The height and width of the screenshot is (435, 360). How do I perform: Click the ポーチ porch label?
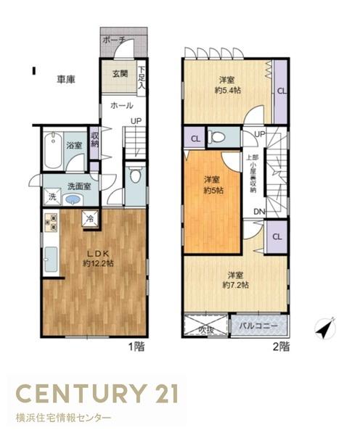[x=115, y=40]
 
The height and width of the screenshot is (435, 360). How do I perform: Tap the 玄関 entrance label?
[x=120, y=73]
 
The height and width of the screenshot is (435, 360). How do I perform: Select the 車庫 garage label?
[x=66, y=80]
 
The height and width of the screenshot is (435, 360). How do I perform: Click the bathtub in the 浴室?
[x=53, y=150]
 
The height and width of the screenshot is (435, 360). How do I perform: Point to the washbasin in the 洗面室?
[x=73, y=199]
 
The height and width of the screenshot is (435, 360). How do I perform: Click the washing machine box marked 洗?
[x=52, y=196]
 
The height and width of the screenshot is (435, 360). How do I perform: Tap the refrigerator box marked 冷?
[x=89, y=218]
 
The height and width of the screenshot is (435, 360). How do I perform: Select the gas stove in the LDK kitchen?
[x=51, y=223]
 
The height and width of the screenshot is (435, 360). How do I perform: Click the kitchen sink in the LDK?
[x=51, y=260]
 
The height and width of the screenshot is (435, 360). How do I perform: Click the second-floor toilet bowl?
[x=218, y=136]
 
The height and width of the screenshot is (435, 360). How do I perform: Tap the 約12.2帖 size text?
[x=98, y=263]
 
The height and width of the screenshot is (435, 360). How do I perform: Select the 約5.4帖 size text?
[x=228, y=90]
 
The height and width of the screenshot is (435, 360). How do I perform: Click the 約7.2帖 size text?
[x=236, y=285]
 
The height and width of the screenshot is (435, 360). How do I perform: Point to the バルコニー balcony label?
[x=258, y=326]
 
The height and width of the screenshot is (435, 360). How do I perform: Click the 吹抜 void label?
[x=206, y=331]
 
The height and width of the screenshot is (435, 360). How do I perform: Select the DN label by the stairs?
[x=259, y=212]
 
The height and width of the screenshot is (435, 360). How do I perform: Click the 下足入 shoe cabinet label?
[x=142, y=78]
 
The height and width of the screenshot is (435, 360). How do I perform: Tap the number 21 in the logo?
[x=163, y=394]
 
